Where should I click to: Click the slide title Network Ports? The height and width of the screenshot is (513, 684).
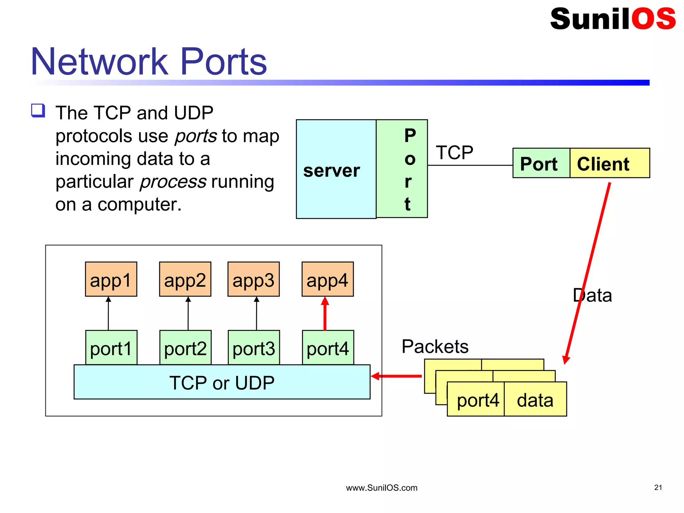click(149, 62)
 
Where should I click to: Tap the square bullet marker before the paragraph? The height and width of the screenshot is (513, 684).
click(38, 111)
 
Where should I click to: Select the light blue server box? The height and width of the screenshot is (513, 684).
click(336, 169)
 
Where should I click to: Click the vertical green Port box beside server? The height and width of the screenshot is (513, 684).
click(402, 169)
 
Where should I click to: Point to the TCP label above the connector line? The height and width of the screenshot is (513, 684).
click(454, 153)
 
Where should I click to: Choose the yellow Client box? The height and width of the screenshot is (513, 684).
click(609, 163)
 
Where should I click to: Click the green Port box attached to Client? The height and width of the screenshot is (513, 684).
click(541, 163)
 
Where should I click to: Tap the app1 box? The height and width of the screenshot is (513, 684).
click(111, 280)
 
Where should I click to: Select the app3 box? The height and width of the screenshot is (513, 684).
click(253, 280)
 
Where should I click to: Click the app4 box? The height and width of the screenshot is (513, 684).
click(327, 280)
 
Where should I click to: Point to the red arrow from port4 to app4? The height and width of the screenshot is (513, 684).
click(325, 314)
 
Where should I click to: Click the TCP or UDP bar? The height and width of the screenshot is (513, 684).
click(222, 382)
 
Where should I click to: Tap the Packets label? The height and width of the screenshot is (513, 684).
click(435, 346)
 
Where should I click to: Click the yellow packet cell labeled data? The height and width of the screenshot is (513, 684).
click(535, 400)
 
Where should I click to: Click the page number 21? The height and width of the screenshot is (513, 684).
click(658, 487)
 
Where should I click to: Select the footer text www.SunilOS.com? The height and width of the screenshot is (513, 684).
click(381, 488)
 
